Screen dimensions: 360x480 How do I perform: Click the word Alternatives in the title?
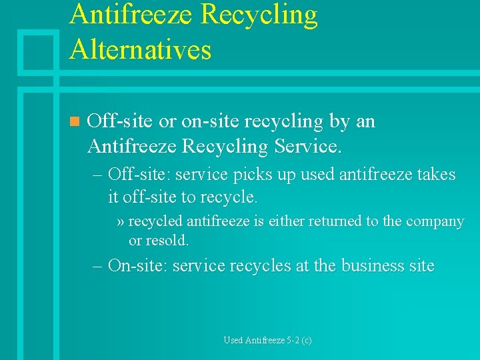[140, 50]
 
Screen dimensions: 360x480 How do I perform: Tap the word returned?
[346, 221]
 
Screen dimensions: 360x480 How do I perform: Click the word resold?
[167, 240]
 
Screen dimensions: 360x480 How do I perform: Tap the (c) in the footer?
[306, 340]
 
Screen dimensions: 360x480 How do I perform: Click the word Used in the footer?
[233, 340]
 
